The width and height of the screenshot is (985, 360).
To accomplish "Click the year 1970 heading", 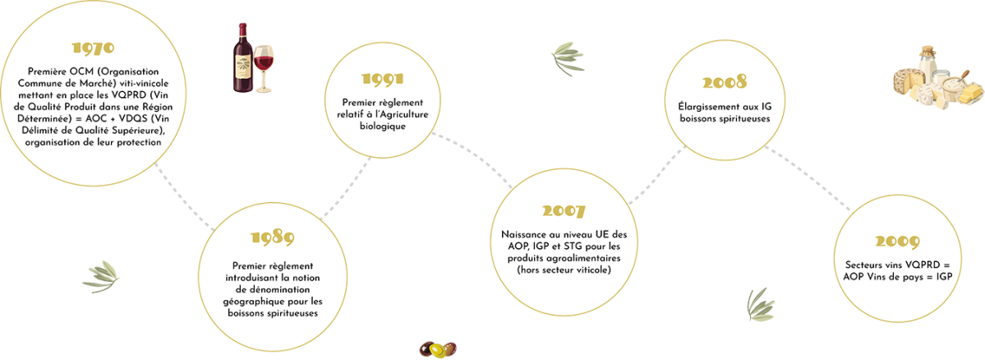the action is pos(93,48).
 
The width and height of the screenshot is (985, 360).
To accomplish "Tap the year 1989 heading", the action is pos(273,237).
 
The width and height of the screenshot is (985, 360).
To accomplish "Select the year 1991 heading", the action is pos(383,79).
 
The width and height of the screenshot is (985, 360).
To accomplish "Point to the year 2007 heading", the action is pos(564,211).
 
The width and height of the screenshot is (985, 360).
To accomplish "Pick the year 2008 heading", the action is pos(725,82).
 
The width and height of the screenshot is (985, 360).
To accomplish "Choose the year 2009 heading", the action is pos(899,242).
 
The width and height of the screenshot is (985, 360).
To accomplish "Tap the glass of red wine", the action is pos(264,68).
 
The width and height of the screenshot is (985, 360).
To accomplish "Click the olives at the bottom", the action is pos(437,348).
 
